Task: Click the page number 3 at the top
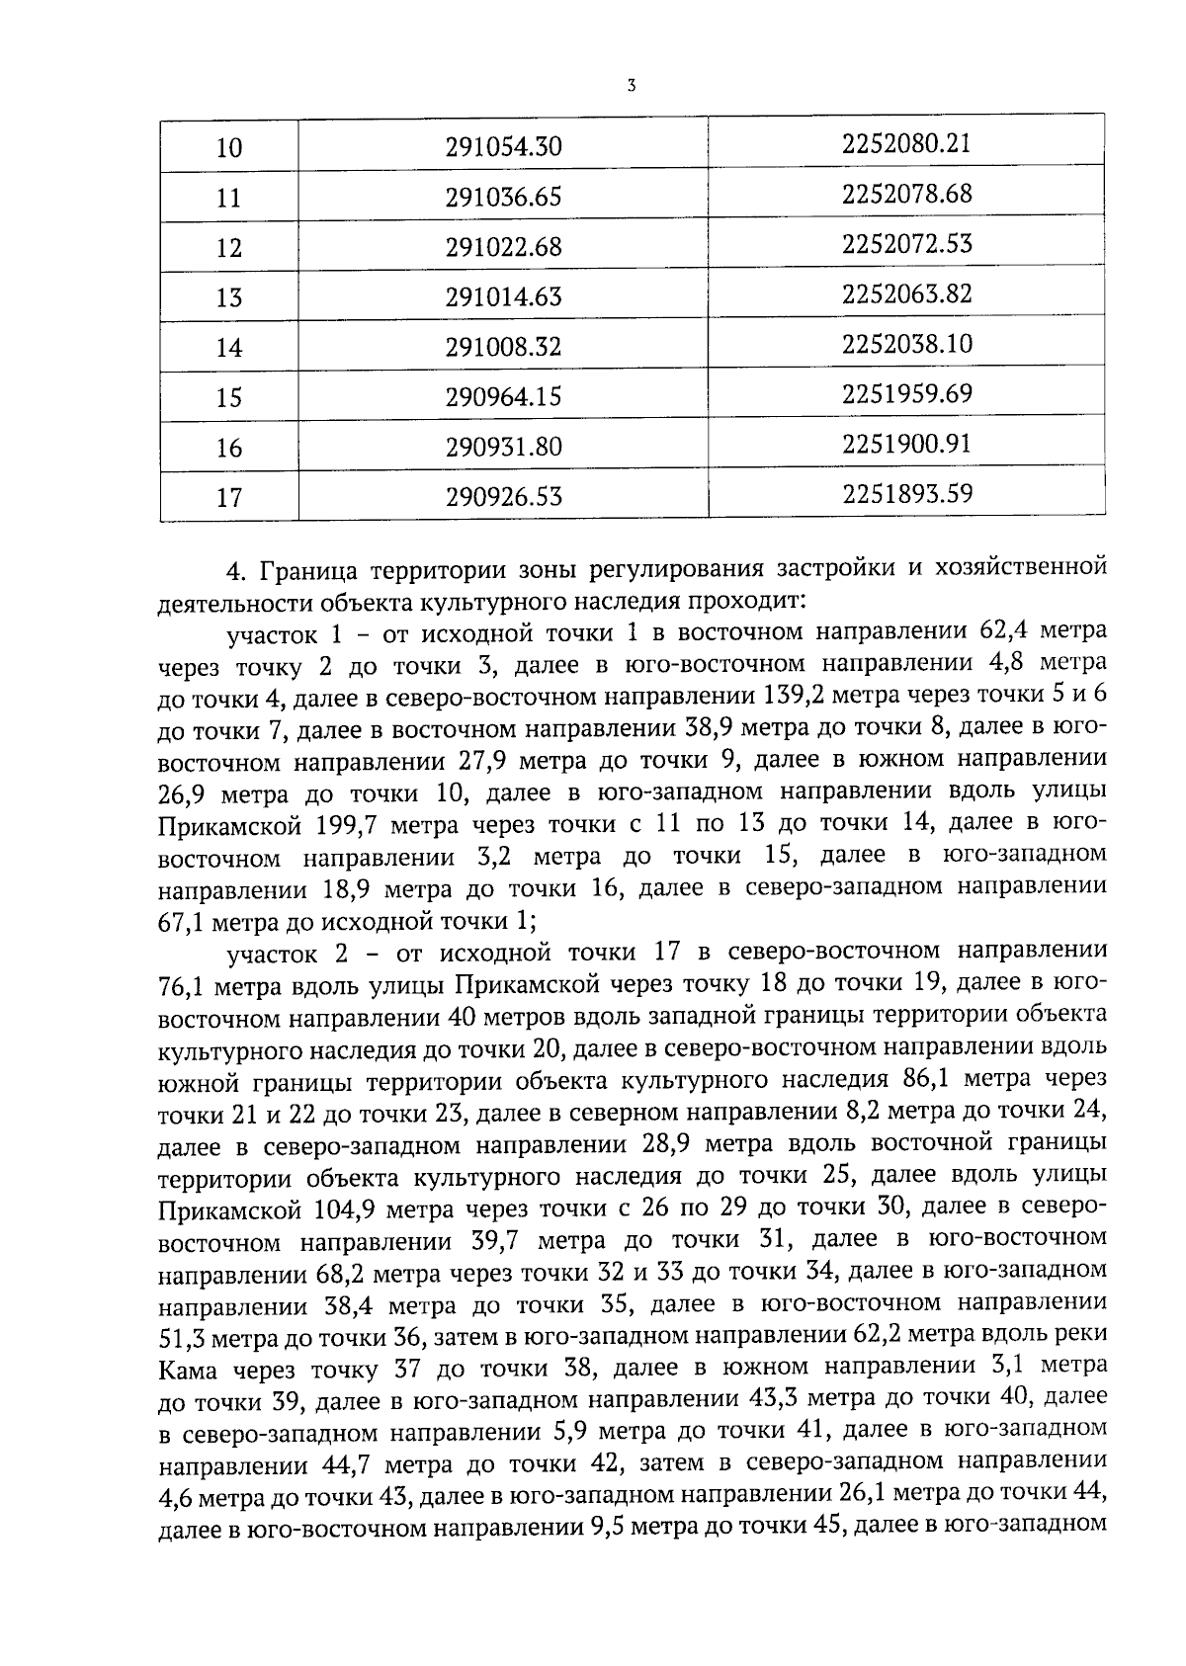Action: pyautogui.click(x=631, y=86)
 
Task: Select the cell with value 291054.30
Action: pyautogui.click(x=503, y=147)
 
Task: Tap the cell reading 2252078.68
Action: pyautogui.click(x=906, y=194)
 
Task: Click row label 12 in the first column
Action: pyautogui.click(x=228, y=247)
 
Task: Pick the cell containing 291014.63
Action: pyautogui.click(x=503, y=296)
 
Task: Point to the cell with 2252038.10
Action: pyautogui.click(x=906, y=344)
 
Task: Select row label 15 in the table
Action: pyautogui.click(x=228, y=397)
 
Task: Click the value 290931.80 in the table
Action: pyautogui.click(x=503, y=447)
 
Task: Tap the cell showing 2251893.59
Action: pyautogui.click(x=906, y=492)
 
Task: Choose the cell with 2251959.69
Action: pyautogui.click(x=906, y=394)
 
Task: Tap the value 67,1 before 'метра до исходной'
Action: pyautogui.click(x=179, y=921)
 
